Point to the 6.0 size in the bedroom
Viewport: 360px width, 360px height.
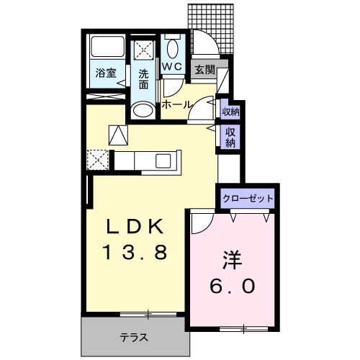pyautogui.click(x=232, y=286)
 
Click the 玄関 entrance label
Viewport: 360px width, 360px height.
pyautogui.click(x=204, y=69)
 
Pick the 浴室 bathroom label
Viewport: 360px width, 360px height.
pyautogui.click(x=107, y=72)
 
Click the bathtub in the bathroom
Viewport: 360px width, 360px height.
pyautogui.click(x=107, y=47)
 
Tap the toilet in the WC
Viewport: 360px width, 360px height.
pyautogui.click(x=172, y=48)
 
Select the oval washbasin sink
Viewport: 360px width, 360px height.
pyautogui.click(x=144, y=110)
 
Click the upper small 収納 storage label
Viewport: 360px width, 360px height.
pyautogui.click(x=230, y=111)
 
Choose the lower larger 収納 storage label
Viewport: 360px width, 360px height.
pyautogui.click(x=230, y=137)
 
